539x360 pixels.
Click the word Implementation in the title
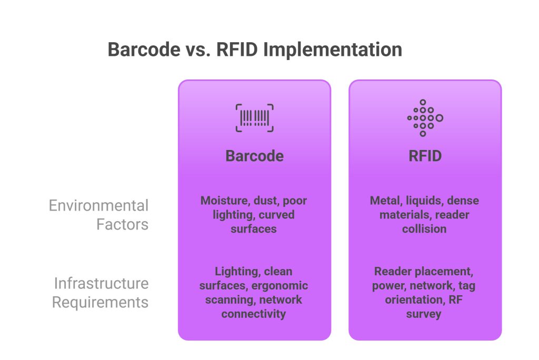(333, 49)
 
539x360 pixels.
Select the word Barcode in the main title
(143, 49)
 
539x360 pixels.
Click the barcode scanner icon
(254, 117)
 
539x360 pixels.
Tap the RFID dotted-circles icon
(425, 118)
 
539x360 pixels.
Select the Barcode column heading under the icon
(254, 156)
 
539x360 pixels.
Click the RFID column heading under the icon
(425, 156)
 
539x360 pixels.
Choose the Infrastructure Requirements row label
(101, 293)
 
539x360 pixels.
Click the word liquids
(425, 201)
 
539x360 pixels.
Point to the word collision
(424, 229)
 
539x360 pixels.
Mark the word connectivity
(254, 314)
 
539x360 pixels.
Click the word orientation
(414, 300)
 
